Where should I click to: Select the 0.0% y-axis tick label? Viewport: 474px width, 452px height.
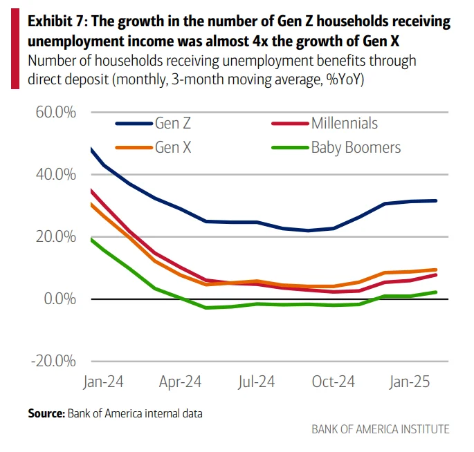click(57, 299)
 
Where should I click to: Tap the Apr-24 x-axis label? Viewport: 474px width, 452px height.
click(179, 382)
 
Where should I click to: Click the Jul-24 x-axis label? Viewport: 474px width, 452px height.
click(257, 382)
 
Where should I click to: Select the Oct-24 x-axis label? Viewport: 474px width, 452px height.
click(334, 382)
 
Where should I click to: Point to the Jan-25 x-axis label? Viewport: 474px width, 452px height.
click(411, 382)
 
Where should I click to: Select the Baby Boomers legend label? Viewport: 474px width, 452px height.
click(356, 147)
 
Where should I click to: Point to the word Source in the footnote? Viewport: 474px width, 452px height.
click(46, 413)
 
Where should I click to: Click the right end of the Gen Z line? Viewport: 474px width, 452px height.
click(436, 200)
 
